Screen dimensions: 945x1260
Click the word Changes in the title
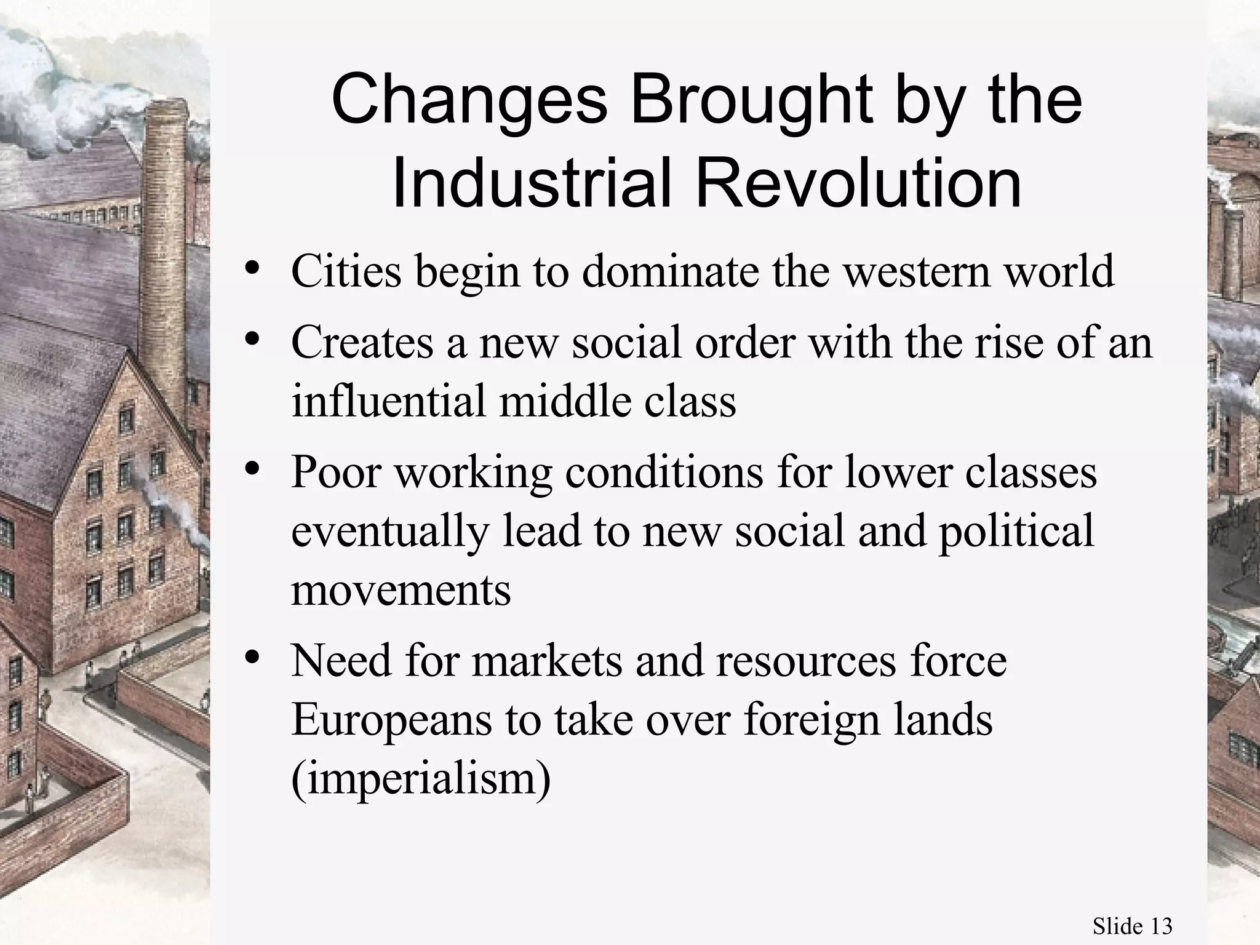click(469, 100)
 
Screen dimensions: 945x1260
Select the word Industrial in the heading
click(530, 183)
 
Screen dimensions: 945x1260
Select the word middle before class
click(564, 401)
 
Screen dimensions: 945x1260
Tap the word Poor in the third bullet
click(336, 472)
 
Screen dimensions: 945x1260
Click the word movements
click(401, 591)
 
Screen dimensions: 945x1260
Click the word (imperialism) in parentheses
click(421, 780)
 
